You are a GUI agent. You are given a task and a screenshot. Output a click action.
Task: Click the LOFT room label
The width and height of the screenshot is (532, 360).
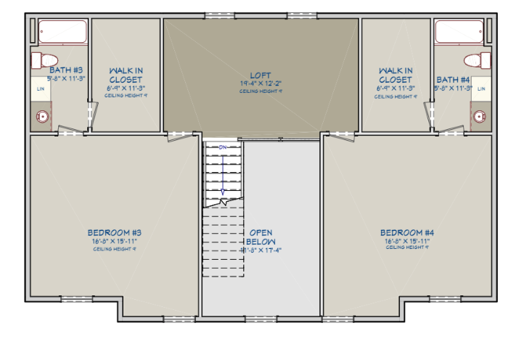point(261,75)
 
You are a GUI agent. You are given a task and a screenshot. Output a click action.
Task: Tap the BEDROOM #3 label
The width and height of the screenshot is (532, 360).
point(113,232)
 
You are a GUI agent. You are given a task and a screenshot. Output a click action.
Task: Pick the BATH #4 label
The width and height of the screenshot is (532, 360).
point(454,79)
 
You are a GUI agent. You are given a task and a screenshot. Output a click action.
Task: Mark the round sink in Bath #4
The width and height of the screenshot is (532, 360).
point(478,115)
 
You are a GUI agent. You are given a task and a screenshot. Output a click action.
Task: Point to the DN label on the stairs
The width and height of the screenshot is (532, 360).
point(223,148)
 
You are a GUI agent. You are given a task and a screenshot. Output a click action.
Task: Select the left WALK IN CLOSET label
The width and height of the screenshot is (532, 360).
point(126,75)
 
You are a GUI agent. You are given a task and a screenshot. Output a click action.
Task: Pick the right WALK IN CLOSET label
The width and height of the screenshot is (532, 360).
point(396,75)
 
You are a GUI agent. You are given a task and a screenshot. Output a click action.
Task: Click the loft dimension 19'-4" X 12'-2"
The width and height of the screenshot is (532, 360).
point(261,83)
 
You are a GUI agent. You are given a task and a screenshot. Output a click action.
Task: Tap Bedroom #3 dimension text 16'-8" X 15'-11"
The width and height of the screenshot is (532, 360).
point(113,240)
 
